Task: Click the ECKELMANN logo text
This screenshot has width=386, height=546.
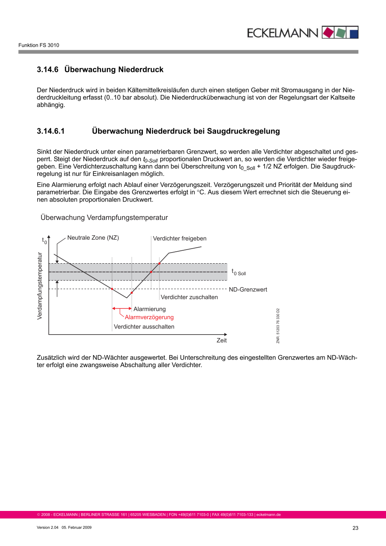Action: pos(282,33)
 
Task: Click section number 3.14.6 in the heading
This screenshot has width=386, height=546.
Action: pos(48,70)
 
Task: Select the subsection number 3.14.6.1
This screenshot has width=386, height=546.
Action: pos(51,131)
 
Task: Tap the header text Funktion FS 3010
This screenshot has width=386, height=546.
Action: pos(39,45)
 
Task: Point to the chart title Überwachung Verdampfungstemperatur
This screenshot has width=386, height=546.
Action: pos(104,218)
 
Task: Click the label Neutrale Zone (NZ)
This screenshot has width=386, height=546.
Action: pos(93,237)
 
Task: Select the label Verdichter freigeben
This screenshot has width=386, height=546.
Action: pos(180,238)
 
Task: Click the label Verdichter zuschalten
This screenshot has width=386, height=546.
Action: pos(189,297)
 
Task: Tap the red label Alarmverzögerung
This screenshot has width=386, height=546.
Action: pos(149,317)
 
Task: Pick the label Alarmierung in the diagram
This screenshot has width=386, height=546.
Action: pos(150,309)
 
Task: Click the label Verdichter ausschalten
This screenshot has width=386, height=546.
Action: pos(144,327)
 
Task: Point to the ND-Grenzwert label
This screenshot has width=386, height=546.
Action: pos(248,289)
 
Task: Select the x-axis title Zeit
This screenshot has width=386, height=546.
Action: pos(221,340)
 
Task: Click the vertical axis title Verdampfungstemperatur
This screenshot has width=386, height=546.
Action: pos(40,286)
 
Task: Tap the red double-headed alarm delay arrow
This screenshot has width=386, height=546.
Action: pos(122,309)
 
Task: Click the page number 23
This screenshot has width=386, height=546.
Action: pos(355,528)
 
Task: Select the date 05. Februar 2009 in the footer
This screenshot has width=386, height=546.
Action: pos(76,527)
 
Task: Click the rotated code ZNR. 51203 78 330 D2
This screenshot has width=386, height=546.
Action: pos(278,326)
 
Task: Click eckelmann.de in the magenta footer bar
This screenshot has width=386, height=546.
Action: pos(268,515)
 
